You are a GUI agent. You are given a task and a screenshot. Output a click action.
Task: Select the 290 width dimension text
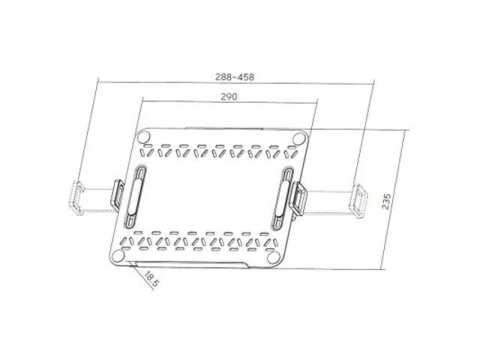[229, 96]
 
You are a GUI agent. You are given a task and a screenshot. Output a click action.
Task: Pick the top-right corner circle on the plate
[298, 138]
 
